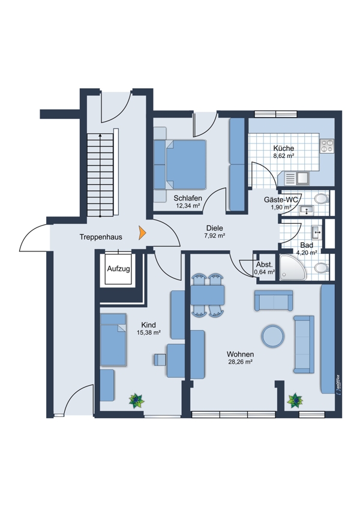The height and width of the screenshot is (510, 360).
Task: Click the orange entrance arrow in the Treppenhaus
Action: [x=142, y=233]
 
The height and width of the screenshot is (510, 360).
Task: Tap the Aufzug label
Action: [x=119, y=269]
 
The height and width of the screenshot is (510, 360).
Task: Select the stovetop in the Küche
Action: [x=327, y=146]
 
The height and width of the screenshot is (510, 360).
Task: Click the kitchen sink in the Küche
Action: [x=297, y=178]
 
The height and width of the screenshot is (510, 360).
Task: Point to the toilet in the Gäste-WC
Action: [x=322, y=198]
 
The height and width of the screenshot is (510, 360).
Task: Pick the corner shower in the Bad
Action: [x=293, y=268]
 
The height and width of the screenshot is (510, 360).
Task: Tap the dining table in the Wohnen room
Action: [x=208, y=295]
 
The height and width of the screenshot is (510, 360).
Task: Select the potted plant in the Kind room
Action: [x=137, y=401]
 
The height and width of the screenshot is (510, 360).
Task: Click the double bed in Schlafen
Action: [x=180, y=164]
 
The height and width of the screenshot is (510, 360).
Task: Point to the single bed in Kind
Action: [x=113, y=340]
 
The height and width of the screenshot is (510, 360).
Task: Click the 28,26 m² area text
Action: [x=241, y=362]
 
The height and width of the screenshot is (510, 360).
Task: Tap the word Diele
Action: [x=215, y=228]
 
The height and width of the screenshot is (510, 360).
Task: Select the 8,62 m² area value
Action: [x=284, y=156]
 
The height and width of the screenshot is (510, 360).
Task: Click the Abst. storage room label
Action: [x=264, y=265]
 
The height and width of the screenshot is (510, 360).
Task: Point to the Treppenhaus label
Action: [x=101, y=237]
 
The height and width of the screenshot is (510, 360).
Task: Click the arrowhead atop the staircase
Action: [x=100, y=135]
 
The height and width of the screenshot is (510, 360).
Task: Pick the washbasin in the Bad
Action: [x=317, y=232]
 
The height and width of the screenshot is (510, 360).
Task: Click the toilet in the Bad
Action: [x=322, y=268]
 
